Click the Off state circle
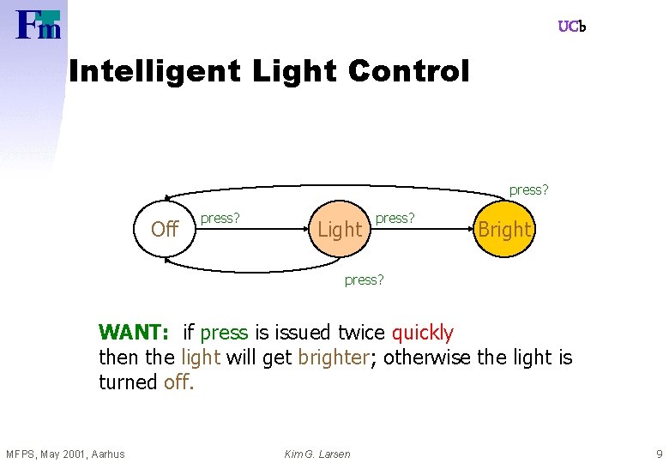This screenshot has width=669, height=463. tap(165, 229)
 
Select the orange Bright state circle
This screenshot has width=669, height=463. tap(504, 229)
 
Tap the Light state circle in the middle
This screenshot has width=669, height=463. tap(340, 229)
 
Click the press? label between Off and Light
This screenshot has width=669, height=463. tap(220, 219)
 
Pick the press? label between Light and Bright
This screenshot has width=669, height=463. tap(395, 219)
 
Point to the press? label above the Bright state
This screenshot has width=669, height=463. tap(528, 189)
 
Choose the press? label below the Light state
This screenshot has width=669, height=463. tap(364, 280)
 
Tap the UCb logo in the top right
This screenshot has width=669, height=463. tap(571, 27)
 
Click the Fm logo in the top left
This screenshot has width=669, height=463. tap(39, 25)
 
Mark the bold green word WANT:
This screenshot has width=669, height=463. tap(136, 333)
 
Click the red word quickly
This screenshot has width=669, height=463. tap(422, 333)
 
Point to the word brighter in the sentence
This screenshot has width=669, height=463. tap(333, 358)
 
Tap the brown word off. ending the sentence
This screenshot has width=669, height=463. tap(179, 382)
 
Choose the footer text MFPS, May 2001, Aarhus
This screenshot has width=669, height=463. tap(65, 454)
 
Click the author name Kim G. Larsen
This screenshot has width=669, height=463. tap(317, 454)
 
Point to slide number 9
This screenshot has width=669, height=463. tap(658, 454)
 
